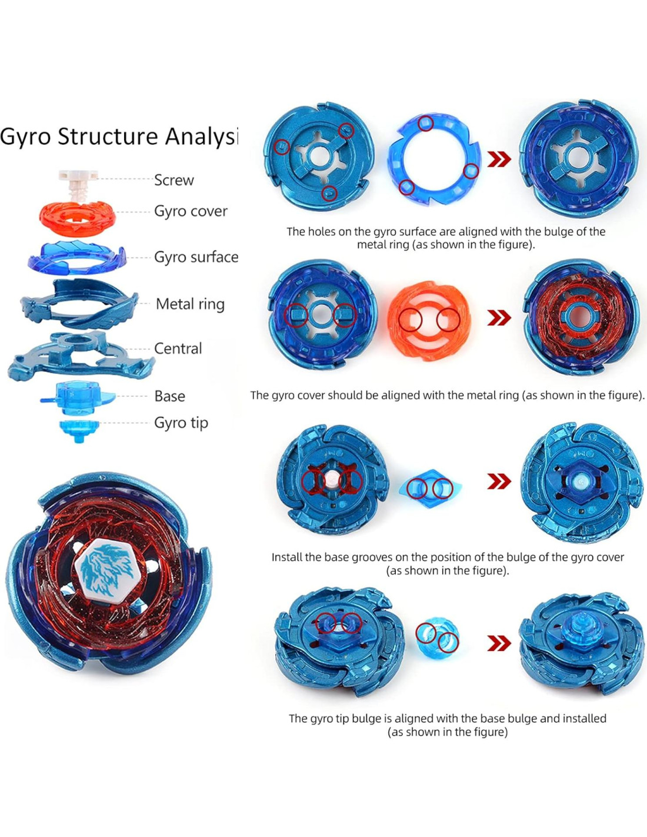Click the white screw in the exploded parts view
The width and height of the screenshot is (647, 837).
click(78, 182)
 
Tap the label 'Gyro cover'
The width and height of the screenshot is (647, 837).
click(191, 211)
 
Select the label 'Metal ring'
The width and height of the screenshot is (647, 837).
click(190, 304)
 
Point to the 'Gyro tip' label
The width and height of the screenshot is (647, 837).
click(181, 423)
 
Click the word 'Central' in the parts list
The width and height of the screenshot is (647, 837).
click(178, 348)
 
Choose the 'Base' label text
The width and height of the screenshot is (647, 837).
click(169, 396)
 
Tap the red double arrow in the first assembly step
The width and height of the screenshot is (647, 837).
click(499, 159)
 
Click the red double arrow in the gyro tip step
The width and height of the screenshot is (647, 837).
click(499, 643)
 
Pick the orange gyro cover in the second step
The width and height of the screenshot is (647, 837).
click(429, 320)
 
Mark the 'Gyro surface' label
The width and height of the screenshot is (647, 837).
click(196, 257)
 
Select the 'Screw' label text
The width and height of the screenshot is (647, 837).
click(174, 180)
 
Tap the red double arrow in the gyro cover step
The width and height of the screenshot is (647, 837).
click(499, 318)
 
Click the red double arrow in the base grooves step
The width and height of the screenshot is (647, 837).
click(499, 481)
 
